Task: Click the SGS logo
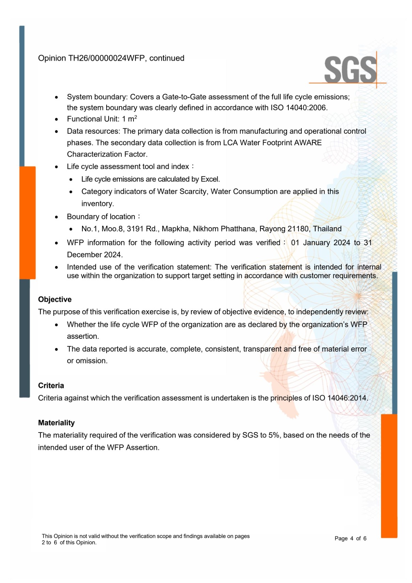coord(350,70)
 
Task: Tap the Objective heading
coord(55,299)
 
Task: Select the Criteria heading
coord(51,385)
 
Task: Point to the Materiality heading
coord(56,423)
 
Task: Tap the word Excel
coord(210,179)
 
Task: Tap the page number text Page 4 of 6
coord(350,538)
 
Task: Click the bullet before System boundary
coord(57,97)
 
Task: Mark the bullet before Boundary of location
coord(57,217)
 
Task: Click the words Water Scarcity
coord(182,192)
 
